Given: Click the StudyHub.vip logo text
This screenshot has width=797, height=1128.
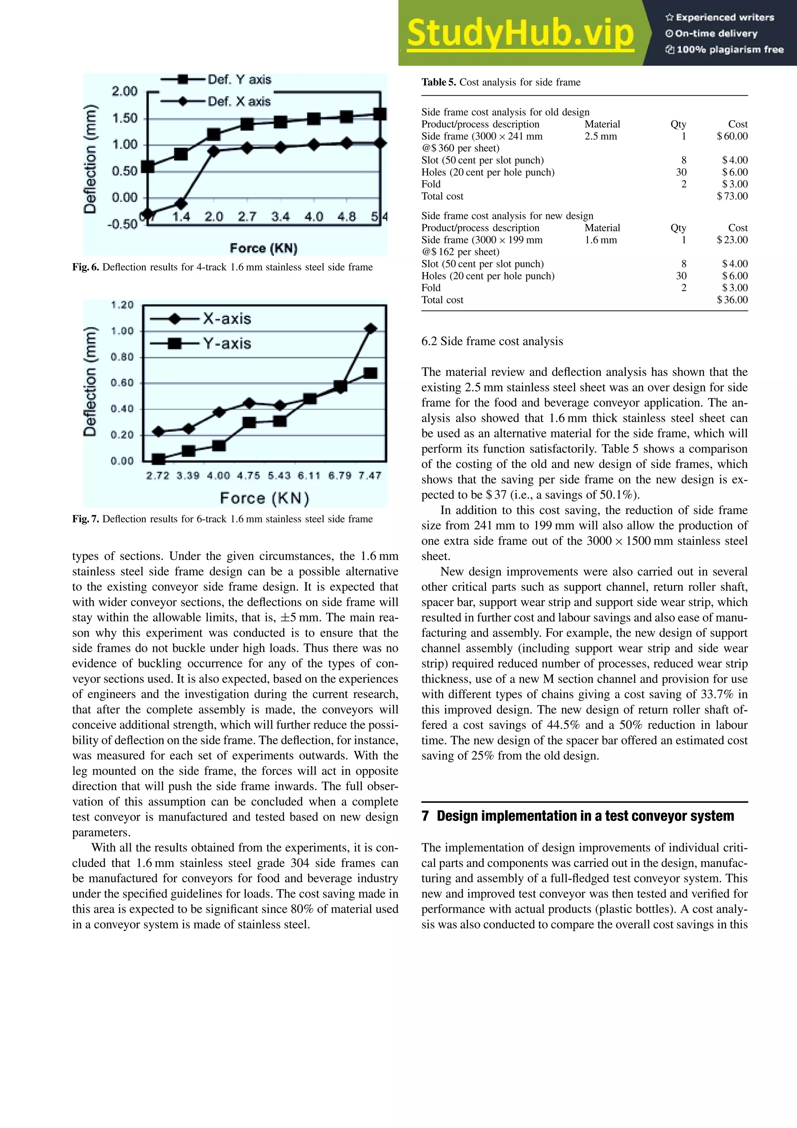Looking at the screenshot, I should (x=520, y=33).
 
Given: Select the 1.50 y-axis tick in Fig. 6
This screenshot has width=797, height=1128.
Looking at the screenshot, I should (x=125, y=118).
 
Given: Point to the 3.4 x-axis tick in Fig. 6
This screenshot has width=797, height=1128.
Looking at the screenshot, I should (x=281, y=217).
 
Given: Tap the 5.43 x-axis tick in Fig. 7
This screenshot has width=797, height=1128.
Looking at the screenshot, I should (x=279, y=476).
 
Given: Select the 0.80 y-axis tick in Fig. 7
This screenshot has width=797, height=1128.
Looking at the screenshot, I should (x=122, y=357).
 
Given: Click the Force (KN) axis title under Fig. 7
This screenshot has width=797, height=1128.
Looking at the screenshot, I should (x=264, y=498).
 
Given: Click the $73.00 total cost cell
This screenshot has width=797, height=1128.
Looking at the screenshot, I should (x=732, y=196).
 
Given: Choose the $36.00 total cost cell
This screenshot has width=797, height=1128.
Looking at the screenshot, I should (x=732, y=300).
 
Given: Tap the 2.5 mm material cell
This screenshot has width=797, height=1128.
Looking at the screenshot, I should (x=600, y=136).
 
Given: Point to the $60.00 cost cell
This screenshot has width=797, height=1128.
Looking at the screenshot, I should (x=732, y=136).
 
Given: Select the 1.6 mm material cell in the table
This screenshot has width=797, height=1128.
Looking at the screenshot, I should (x=600, y=240).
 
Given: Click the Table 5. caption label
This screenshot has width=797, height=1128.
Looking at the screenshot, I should (x=439, y=82).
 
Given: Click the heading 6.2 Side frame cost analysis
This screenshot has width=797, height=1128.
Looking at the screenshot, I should (x=492, y=341).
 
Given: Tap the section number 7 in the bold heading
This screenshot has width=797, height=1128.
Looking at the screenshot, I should (x=425, y=816).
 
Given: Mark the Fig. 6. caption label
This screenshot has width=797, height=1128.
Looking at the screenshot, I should (x=86, y=267).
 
